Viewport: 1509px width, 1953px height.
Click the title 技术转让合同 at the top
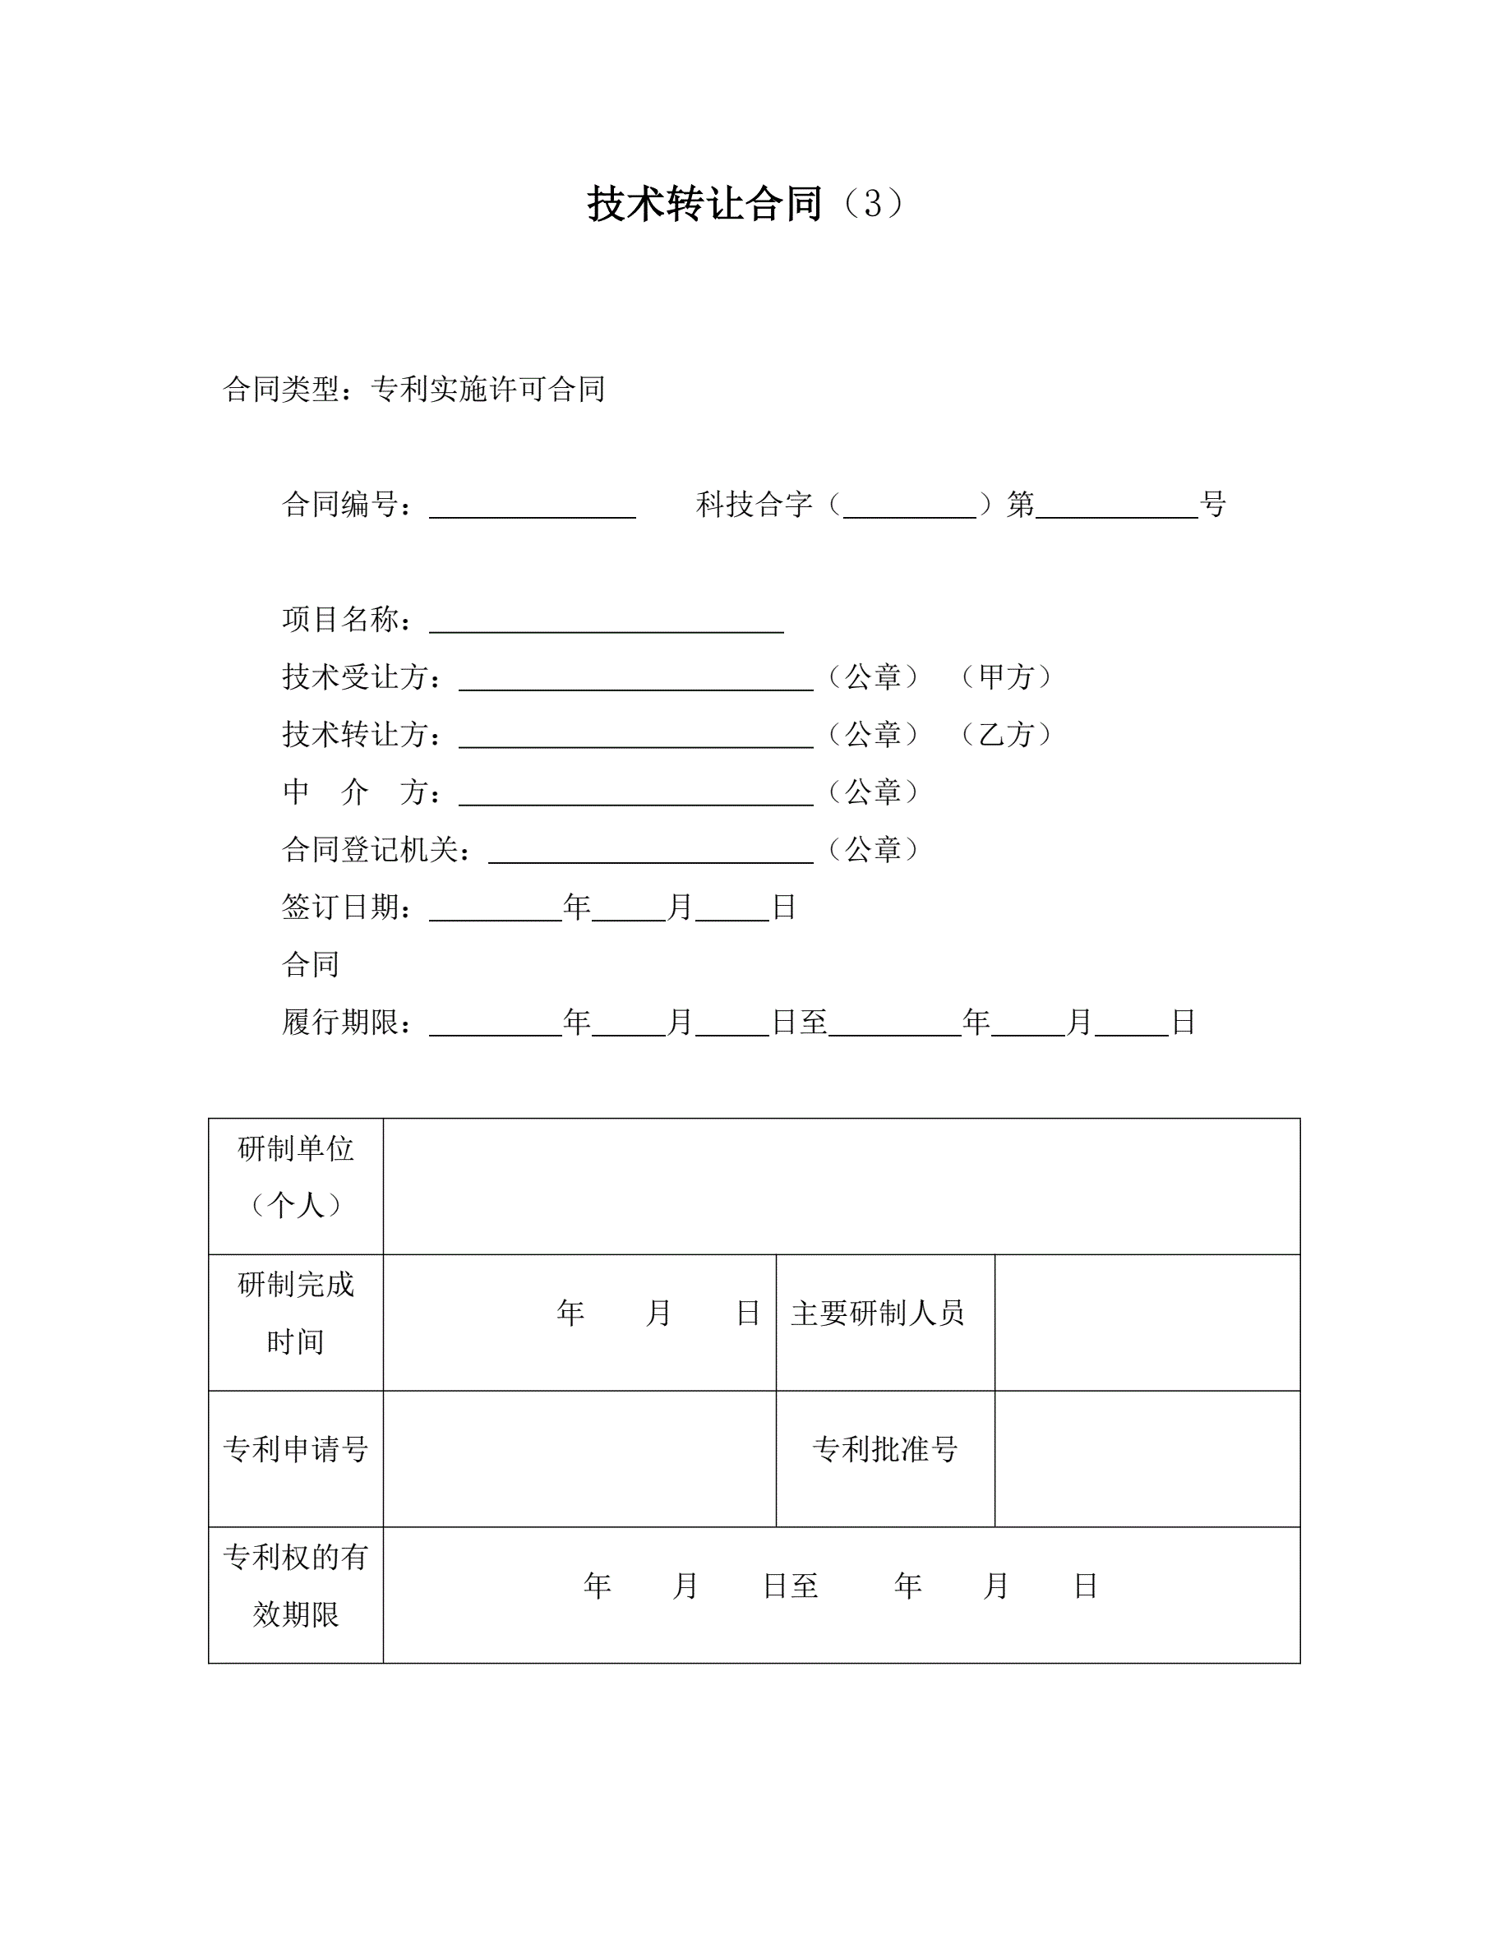(x=704, y=203)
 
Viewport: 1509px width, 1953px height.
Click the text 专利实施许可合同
(x=488, y=389)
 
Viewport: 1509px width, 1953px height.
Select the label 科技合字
(x=754, y=505)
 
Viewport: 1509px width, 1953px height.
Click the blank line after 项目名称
(x=606, y=622)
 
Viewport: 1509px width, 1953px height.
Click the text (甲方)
(x=1006, y=677)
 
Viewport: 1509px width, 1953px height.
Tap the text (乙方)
(x=1006, y=734)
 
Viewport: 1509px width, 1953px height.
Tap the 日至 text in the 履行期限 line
(x=799, y=1021)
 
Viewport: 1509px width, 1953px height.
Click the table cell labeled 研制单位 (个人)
(x=296, y=1177)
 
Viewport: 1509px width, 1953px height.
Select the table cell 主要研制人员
(x=877, y=1313)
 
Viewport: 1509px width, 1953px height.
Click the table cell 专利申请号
(x=296, y=1448)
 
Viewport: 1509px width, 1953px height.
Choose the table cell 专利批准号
(x=884, y=1448)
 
